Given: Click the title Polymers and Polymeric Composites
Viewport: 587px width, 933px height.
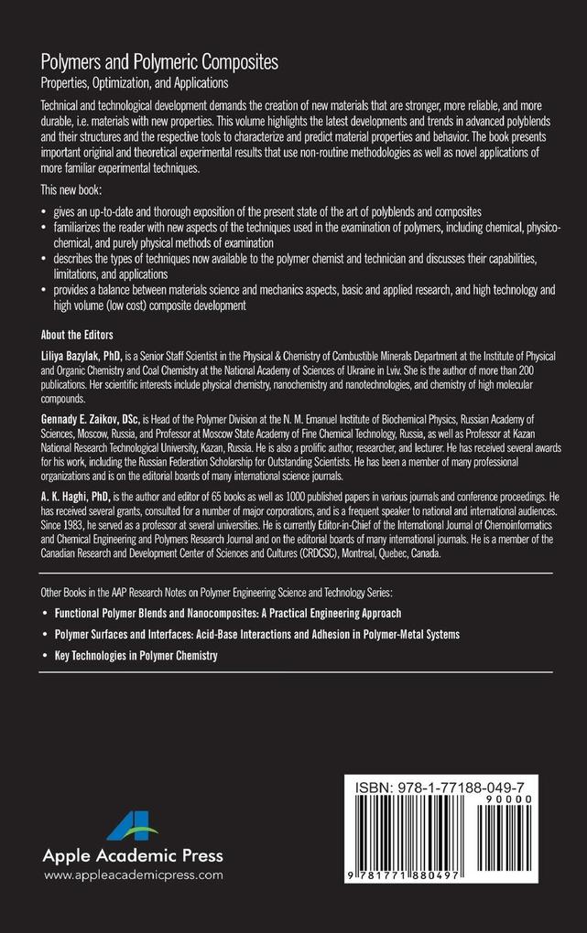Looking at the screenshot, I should [x=160, y=62].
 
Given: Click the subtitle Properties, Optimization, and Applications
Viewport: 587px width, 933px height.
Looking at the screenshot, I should [x=148, y=82].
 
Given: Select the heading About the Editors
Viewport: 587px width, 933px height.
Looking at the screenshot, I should [x=77, y=334].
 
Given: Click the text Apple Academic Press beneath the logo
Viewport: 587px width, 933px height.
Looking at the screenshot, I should [x=133, y=856].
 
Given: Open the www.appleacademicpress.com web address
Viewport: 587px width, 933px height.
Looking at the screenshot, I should [x=134, y=875].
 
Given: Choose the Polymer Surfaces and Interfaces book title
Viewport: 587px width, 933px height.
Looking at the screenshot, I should [x=257, y=634].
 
